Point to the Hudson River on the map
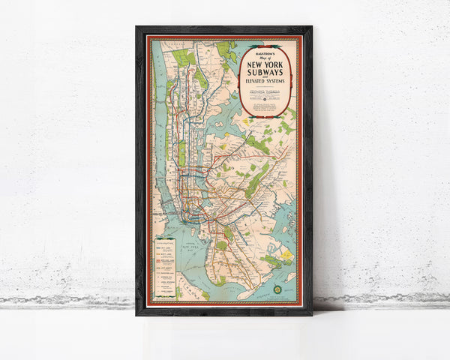(158, 135)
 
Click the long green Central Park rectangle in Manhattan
(181, 152)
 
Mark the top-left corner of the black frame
(137, 28)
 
